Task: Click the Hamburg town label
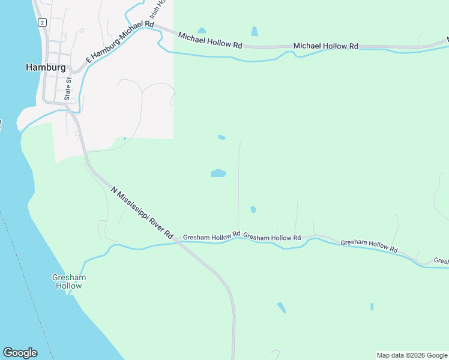coord(46,68)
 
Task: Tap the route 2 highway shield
coord(42,22)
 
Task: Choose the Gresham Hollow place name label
coord(68,281)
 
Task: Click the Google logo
coord(20,353)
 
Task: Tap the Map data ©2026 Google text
coord(412,355)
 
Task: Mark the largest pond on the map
coord(218,173)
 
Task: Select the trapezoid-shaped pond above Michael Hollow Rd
coord(255,31)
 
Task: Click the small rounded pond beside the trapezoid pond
coord(201,31)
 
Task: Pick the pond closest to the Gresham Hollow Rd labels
coord(253,209)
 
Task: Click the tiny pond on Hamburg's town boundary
coord(125,139)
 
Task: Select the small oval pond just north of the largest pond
coord(221,137)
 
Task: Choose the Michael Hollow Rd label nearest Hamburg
coord(209,45)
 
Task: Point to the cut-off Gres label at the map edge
coord(441,261)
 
